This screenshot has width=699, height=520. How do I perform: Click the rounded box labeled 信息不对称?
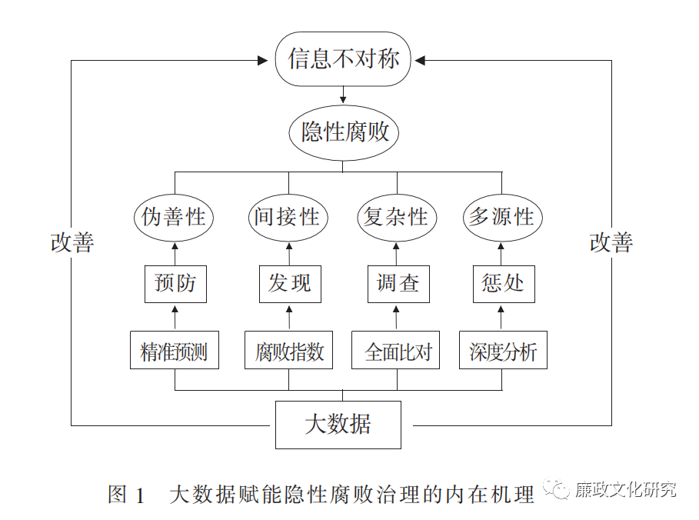pos(344,59)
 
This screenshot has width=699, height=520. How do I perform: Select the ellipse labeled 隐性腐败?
pos(344,132)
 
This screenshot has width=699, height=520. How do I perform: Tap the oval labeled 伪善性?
pos(174,217)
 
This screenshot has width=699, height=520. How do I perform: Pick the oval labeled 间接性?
pos(288,217)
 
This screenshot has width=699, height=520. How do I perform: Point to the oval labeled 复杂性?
pos(396,217)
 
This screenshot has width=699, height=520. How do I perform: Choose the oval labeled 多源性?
pos(501,217)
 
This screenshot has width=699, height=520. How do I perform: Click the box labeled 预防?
pos(175,283)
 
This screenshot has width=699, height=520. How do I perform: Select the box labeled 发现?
pos(289,283)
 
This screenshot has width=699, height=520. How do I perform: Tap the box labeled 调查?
pos(398,283)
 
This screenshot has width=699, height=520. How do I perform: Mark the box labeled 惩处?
pos(503,283)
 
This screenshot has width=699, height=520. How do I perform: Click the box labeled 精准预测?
pos(174,351)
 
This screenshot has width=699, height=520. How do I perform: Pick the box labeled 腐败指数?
pos(289,351)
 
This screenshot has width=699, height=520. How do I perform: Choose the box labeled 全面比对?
pos(396,351)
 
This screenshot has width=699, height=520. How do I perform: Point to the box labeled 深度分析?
pos(503,351)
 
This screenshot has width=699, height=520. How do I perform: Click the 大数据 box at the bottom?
pos(338,425)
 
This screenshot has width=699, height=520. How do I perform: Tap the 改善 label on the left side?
pos(72,243)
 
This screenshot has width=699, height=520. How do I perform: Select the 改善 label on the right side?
pos(611,243)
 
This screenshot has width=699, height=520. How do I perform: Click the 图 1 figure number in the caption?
pos(128,494)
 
